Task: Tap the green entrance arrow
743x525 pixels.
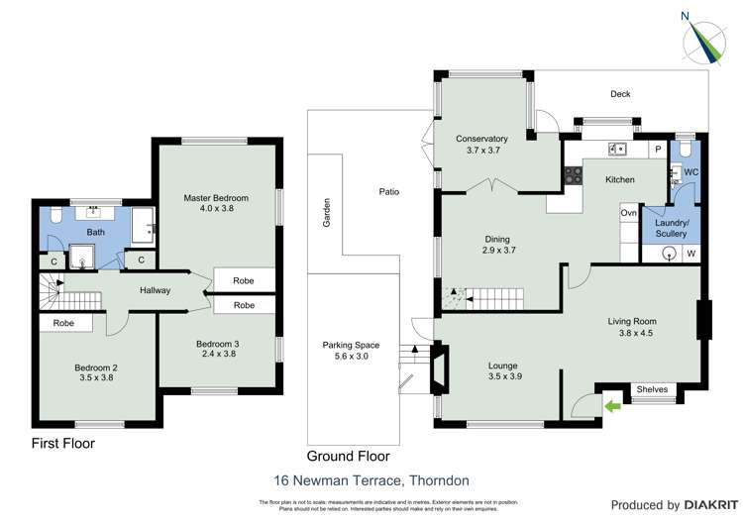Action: pos(611,405)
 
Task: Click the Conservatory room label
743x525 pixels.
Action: pos(481,145)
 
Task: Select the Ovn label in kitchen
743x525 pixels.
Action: pos(628,213)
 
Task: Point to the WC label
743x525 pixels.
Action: pos(690,171)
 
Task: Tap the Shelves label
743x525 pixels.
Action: pos(653,388)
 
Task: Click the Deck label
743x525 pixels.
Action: pos(620,94)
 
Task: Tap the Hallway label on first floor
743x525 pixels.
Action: pos(156,290)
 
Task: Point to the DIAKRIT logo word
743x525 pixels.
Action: pos(709,505)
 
